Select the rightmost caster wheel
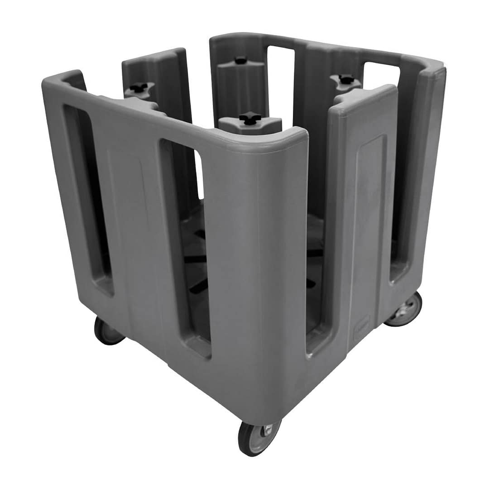[x=404, y=310]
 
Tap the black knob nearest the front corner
[x=250, y=119]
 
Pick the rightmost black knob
[x=346, y=79]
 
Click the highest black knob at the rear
[x=241, y=60]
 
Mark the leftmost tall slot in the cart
[x=87, y=199]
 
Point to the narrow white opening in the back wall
[x=280, y=81]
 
